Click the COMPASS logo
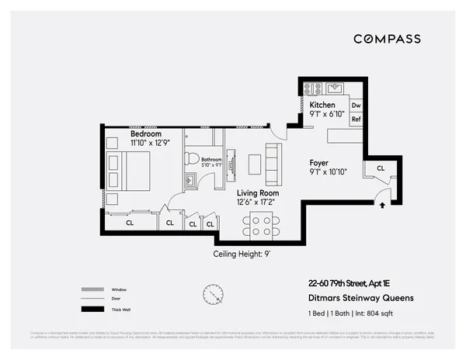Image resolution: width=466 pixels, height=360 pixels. click(387, 39)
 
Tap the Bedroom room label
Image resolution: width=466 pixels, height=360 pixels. click(145, 133)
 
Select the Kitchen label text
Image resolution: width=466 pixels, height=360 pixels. click(323, 105)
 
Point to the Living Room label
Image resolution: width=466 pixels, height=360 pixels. click(259, 193)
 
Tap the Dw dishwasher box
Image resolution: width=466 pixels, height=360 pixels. click(356, 105)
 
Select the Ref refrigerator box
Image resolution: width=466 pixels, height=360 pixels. click(356, 119)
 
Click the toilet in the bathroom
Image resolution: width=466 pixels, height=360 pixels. click(191, 158)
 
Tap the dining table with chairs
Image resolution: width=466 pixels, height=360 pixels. click(258, 225)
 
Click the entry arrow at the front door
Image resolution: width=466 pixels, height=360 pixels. click(381, 205)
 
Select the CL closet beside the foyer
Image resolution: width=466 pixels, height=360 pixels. click(380, 168)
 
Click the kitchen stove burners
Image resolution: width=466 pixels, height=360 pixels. click(312, 88)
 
